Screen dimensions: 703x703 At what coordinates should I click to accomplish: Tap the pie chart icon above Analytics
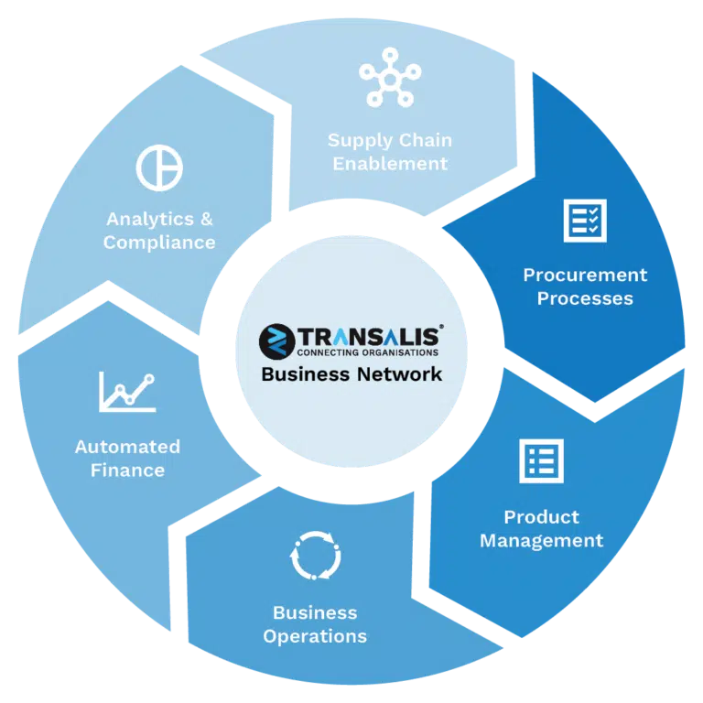point(159,168)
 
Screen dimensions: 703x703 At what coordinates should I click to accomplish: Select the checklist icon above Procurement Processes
point(585,221)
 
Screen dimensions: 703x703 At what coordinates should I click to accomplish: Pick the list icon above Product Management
point(541,461)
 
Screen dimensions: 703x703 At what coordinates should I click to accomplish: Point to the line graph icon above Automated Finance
point(127,392)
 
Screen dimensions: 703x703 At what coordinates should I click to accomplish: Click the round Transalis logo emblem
point(276,341)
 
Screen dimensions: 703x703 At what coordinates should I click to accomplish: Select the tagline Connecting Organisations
point(368,352)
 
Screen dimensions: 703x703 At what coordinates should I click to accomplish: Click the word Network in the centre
point(399,374)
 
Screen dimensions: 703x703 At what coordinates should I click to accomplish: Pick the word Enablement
point(390,164)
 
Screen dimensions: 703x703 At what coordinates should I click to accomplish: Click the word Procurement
point(585,275)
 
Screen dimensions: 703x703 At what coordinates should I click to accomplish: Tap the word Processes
point(585,298)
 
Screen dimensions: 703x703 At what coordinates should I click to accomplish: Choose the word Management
point(542,541)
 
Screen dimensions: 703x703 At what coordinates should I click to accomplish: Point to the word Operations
point(315,637)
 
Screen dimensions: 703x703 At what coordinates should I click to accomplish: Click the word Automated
point(128,447)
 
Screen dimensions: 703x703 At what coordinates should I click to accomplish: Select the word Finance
point(128,470)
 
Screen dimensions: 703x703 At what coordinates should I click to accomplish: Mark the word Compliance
point(159,243)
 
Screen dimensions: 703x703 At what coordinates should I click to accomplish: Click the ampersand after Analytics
point(206,220)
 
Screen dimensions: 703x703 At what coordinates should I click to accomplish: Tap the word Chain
point(426,140)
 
